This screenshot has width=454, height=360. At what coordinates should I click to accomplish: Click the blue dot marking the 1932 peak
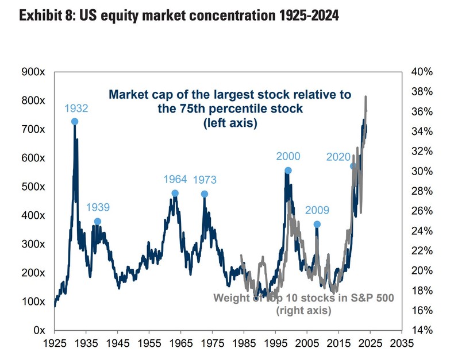point(75,121)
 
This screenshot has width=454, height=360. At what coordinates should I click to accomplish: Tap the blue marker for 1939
point(98,222)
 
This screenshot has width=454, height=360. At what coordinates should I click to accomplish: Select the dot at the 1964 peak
point(175,193)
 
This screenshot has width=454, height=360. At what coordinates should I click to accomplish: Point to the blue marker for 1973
point(204,194)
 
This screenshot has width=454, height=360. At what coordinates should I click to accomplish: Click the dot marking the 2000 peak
point(288,171)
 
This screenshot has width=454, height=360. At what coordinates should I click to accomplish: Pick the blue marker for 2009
point(317,224)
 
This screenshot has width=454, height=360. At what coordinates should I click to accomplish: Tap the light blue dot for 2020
point(354,166)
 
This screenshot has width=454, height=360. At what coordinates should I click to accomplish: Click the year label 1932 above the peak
point(76,108)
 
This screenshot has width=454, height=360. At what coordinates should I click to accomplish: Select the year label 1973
point(205,180)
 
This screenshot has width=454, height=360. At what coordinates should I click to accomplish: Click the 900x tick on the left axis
point(33,72)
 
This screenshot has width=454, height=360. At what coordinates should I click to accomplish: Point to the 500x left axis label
point(33,187)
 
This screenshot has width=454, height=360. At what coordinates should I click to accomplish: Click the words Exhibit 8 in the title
point(45,16)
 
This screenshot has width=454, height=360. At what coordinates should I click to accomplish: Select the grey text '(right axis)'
point(303,311)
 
